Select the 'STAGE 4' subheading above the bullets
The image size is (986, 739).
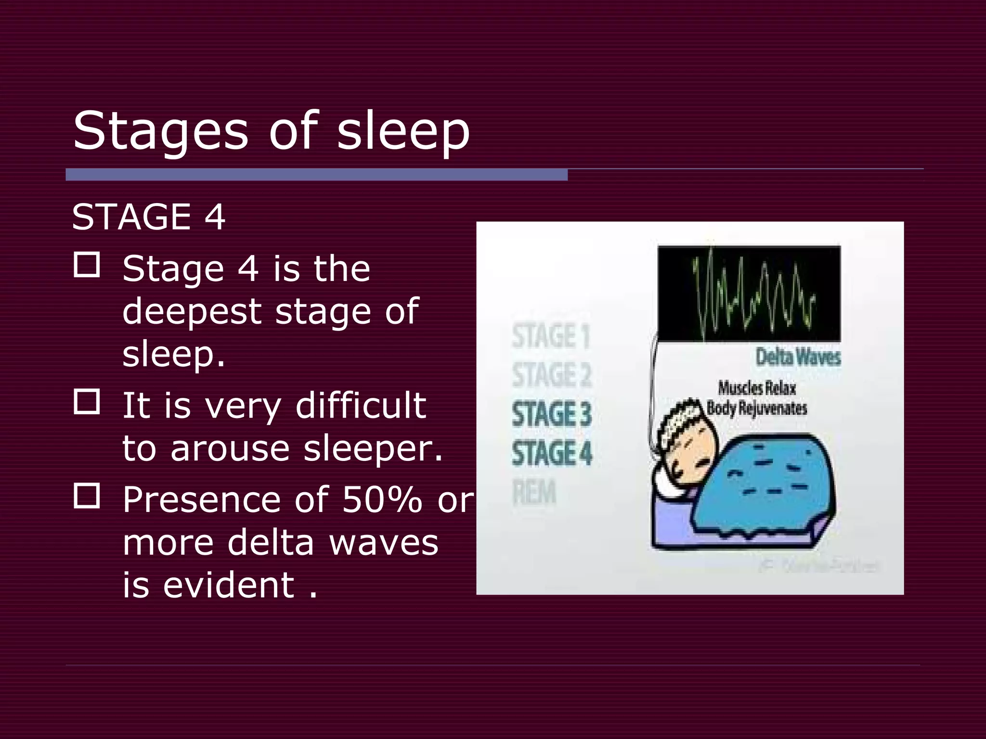pyautogui.click(x=148, y=217)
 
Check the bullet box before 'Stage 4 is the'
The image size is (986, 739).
pyautogui.click(x=87, y=265)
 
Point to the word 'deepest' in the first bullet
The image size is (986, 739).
pyautogui.click(x=191, y=312)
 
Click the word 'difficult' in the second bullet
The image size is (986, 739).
pyautogui.click(x=361, y=406)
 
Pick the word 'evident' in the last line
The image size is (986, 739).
pyautogui.click(x=229, y=585)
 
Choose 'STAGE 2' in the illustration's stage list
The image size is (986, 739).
pyautogui.click(x=552, y=375)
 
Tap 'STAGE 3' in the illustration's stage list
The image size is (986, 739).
pyautogui.click(x=552, y=414)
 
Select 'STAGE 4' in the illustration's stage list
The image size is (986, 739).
pyautogui.click(x=552, y=453)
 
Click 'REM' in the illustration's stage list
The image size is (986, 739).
pyautogui.click(x=534, y=493)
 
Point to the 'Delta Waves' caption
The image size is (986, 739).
pyautogui.click(x=798, y=357)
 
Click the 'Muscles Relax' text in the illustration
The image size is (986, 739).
pyautogui.click(x=757, y=388)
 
